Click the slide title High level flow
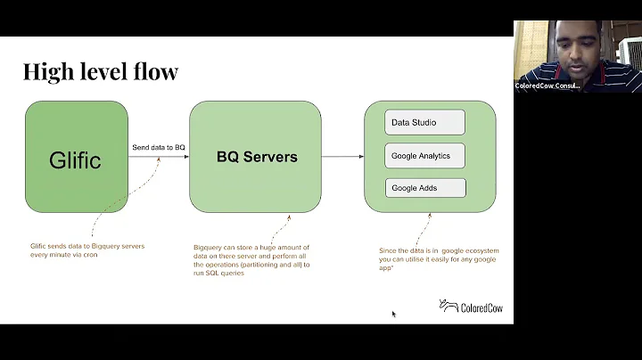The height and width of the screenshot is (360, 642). coord(101,71)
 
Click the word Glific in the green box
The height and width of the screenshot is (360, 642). coord(75,160)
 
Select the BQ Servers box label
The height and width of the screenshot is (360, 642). coord(257,157)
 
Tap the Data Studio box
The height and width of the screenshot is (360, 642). coord(424,122)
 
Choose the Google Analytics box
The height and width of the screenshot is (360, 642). coord(424,156)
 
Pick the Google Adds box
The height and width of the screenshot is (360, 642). coord(424,188)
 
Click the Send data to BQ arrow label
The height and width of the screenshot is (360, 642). coord(158,147)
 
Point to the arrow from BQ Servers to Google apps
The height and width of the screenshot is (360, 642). coord(342,157)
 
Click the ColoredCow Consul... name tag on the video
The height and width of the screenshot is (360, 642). coord(547,86)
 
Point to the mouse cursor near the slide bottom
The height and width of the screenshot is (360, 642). coord(393,314)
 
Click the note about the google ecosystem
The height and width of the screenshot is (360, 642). coord(438,258)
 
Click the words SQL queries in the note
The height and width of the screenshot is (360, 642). coord(228,274)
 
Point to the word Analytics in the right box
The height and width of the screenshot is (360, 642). coord(437,156)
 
